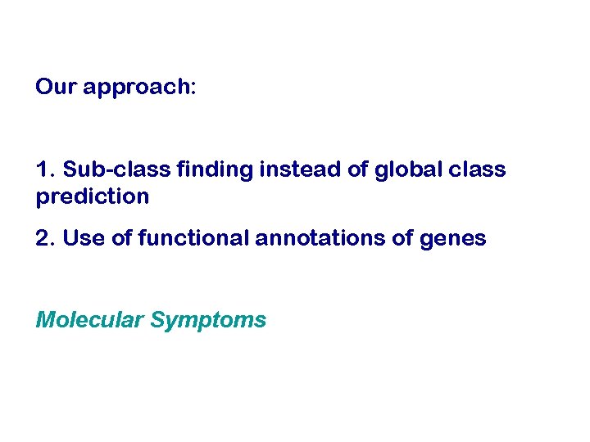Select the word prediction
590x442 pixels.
[x=93, y=197]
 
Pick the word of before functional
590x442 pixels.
[x=121, y=238]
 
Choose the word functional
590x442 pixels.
[x=193, y=238]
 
